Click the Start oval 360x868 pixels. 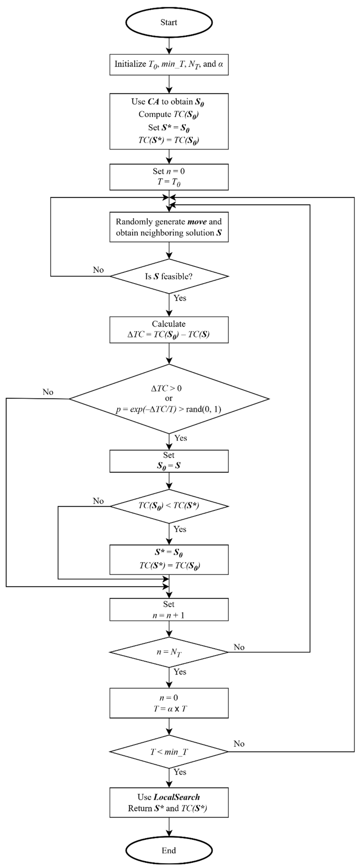click(169, 22)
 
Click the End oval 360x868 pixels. click(169, 850)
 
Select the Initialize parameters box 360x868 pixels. click(169, 64)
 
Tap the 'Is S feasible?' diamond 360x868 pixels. click(169, 276)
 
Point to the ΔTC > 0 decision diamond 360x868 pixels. click(169, 399)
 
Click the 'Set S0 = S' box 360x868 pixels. click(169, 461)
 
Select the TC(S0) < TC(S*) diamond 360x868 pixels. click(169, 506)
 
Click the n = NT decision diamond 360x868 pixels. click(169, 652)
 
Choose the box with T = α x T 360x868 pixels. click(169, 703)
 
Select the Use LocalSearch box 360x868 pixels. click(169, 802)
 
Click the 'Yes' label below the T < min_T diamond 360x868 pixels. click(180, 772)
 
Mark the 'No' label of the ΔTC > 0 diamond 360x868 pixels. click(48, 392)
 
